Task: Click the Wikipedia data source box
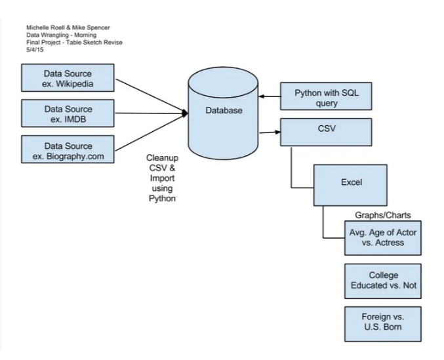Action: click(68, 78)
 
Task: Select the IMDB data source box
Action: click(68, 113)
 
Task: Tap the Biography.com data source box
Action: click(68, 150)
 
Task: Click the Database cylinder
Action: click(224, 111)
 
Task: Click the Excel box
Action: click(352, 184)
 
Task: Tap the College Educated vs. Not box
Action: click(382, 281)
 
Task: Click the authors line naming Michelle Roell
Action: click(66, 28)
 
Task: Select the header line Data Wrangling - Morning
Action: click(61, 35)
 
